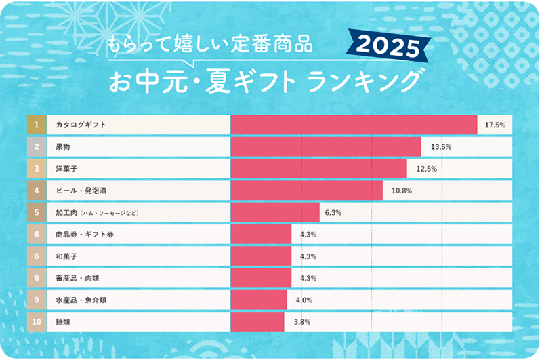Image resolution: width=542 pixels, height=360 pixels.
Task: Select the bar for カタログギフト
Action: point(354,125)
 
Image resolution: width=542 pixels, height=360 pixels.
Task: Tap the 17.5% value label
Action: point(495,125)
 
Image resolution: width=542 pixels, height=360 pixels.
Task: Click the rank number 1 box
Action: point(37,125)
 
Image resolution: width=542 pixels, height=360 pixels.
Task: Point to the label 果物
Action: point(63,147)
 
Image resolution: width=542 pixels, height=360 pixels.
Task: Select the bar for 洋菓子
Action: point(318,169)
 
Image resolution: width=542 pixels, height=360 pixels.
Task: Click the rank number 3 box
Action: point(37,169)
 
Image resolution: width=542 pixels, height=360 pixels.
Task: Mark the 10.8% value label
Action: point(402,191)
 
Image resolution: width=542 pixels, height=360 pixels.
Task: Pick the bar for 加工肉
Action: point(275,213)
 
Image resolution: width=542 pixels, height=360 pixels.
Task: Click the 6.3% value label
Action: point(333,213)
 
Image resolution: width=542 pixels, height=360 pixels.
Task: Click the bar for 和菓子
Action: point(261,256)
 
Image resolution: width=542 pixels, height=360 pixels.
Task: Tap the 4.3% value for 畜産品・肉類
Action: point(308,278)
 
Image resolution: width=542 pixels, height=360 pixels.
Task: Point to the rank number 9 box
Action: point(37,300)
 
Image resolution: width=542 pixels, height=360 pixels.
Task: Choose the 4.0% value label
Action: point(304,300)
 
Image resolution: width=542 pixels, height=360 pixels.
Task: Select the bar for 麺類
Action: point(257,321)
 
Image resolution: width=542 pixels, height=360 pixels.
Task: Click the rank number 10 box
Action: point(37,321)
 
